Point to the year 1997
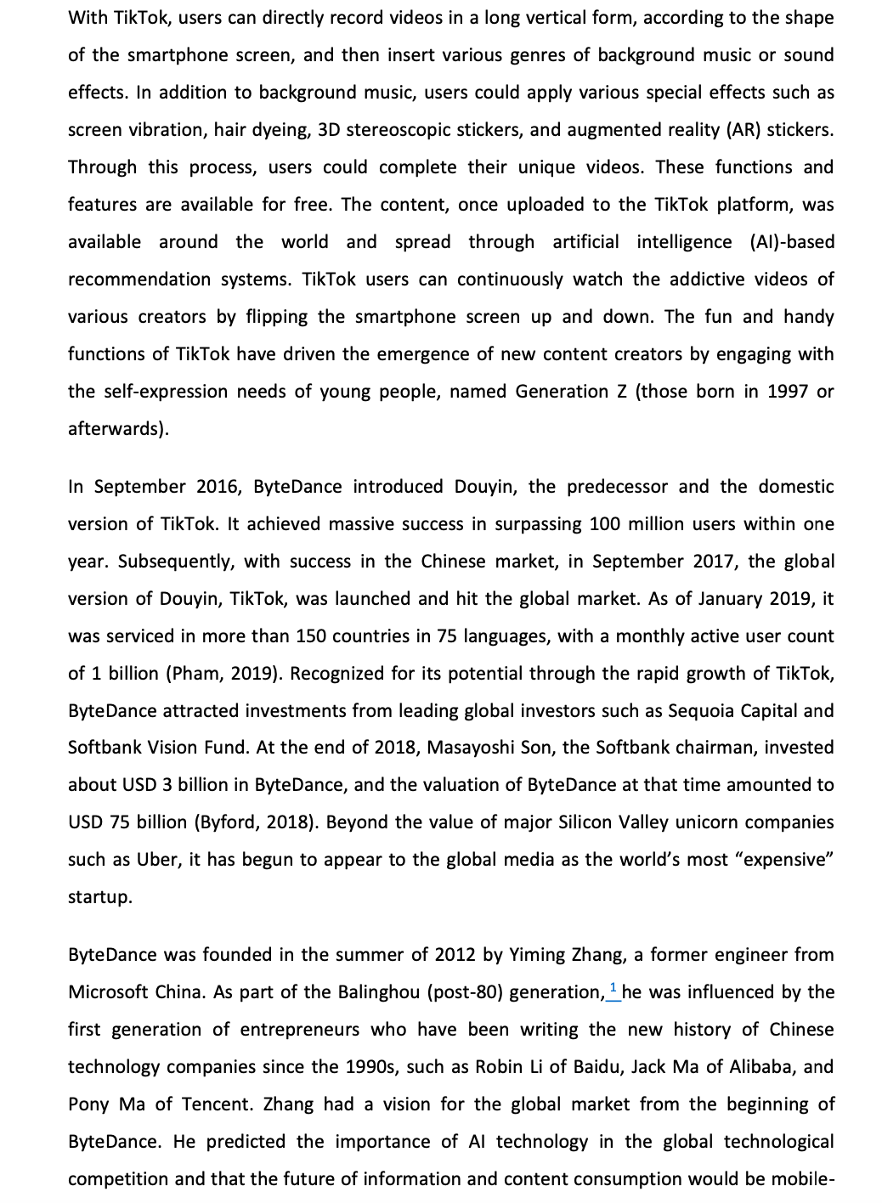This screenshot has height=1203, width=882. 788,392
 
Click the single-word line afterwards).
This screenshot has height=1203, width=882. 118,429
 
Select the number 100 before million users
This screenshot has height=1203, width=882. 605,524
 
